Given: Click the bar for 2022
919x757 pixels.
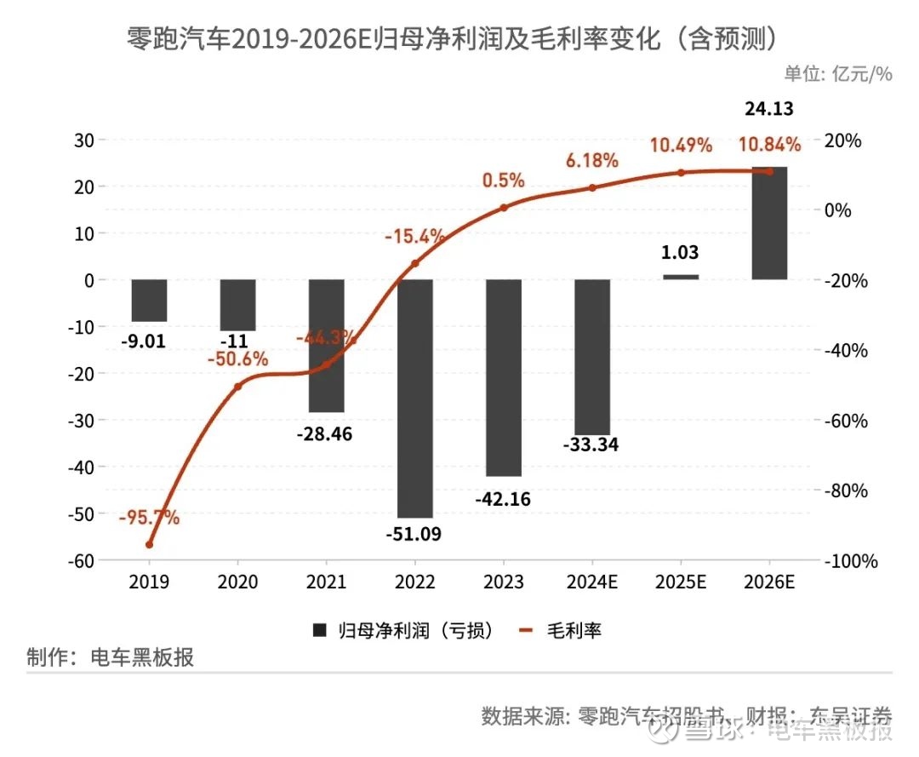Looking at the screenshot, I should tap(415, 398).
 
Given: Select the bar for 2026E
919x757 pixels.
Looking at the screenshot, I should tap(769, 223).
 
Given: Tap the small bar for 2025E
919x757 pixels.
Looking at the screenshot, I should tap(681, 277).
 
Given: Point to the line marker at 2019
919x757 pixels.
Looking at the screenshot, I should tap(150, 544).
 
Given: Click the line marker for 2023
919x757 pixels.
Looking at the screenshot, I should tap(504, 207).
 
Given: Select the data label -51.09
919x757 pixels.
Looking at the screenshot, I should tap(415, 536).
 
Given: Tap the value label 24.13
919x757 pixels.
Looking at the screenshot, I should tap(769, 109).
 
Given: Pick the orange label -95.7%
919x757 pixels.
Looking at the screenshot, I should tap(150, 518).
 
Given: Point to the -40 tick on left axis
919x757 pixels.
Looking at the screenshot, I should tap(82, 467).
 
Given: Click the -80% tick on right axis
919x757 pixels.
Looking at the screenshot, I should tap(848, 491).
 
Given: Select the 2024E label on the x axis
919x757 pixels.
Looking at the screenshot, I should tap(592, 583).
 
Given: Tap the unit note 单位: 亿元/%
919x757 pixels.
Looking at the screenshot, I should tap(837, 74).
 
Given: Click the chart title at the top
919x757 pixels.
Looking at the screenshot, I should tap(454, 38).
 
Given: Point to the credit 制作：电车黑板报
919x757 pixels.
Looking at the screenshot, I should tap(111, 658).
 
